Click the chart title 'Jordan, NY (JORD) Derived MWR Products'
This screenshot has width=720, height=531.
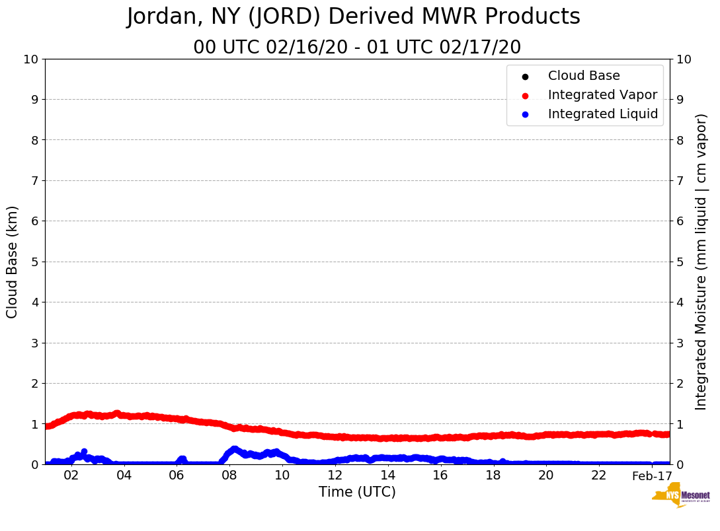tap(354, 17)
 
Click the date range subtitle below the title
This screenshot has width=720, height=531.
tap(357, 48)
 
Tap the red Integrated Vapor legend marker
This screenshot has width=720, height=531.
tap(525, 95)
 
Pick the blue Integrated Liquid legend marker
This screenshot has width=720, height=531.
tap(525, 114)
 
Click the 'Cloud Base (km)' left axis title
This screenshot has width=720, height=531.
tap(13, 262)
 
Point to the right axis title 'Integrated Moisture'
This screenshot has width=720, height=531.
tap(701, 262)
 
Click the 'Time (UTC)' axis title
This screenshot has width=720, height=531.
tap(357, 492)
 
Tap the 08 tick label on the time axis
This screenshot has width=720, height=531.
tap(229, 476)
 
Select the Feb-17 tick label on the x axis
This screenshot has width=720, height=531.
tap(652, 476)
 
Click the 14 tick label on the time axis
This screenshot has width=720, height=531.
tap(387, 476)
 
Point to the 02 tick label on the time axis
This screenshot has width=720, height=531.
tap(71, 476)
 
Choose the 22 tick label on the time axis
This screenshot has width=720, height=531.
tap(599, 476)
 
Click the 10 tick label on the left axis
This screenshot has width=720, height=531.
tap(30, 59)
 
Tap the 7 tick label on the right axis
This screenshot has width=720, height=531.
tap(679, 180)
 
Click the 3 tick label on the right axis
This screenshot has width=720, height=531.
tap(679, 343)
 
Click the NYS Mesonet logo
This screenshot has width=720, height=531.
tap(681, 497)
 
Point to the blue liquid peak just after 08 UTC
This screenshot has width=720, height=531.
tap(233, 450)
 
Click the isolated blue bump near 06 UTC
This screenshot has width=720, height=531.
tap(182, 459)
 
